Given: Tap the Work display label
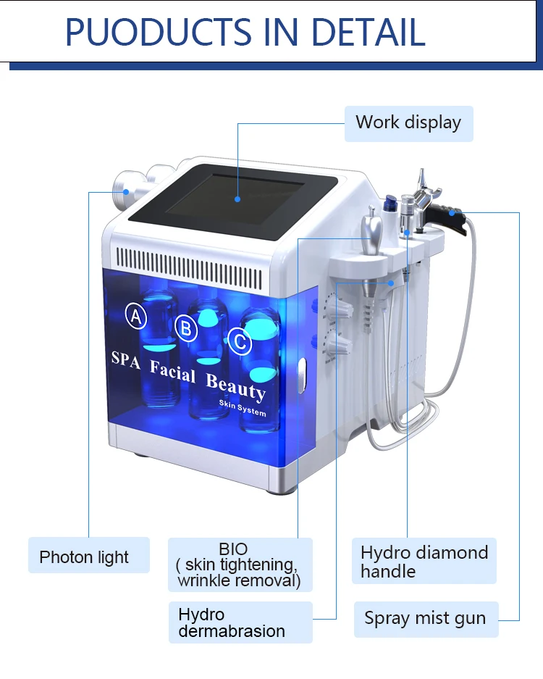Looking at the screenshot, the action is point(408,122).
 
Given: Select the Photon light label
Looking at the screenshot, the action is point(85,557).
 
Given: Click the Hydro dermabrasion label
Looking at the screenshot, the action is point(232,622).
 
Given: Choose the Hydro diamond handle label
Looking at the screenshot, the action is point(424,562).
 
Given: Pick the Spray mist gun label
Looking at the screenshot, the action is point(425,619).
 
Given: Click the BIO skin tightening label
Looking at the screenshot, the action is point(237,565).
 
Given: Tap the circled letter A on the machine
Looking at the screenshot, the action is point(136,315).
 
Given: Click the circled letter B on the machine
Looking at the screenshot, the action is point(187,329).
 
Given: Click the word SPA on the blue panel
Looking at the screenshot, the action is point(125,360).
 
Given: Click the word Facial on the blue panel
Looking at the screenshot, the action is point(173,371).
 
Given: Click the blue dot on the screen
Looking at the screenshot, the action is point(237,197).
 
